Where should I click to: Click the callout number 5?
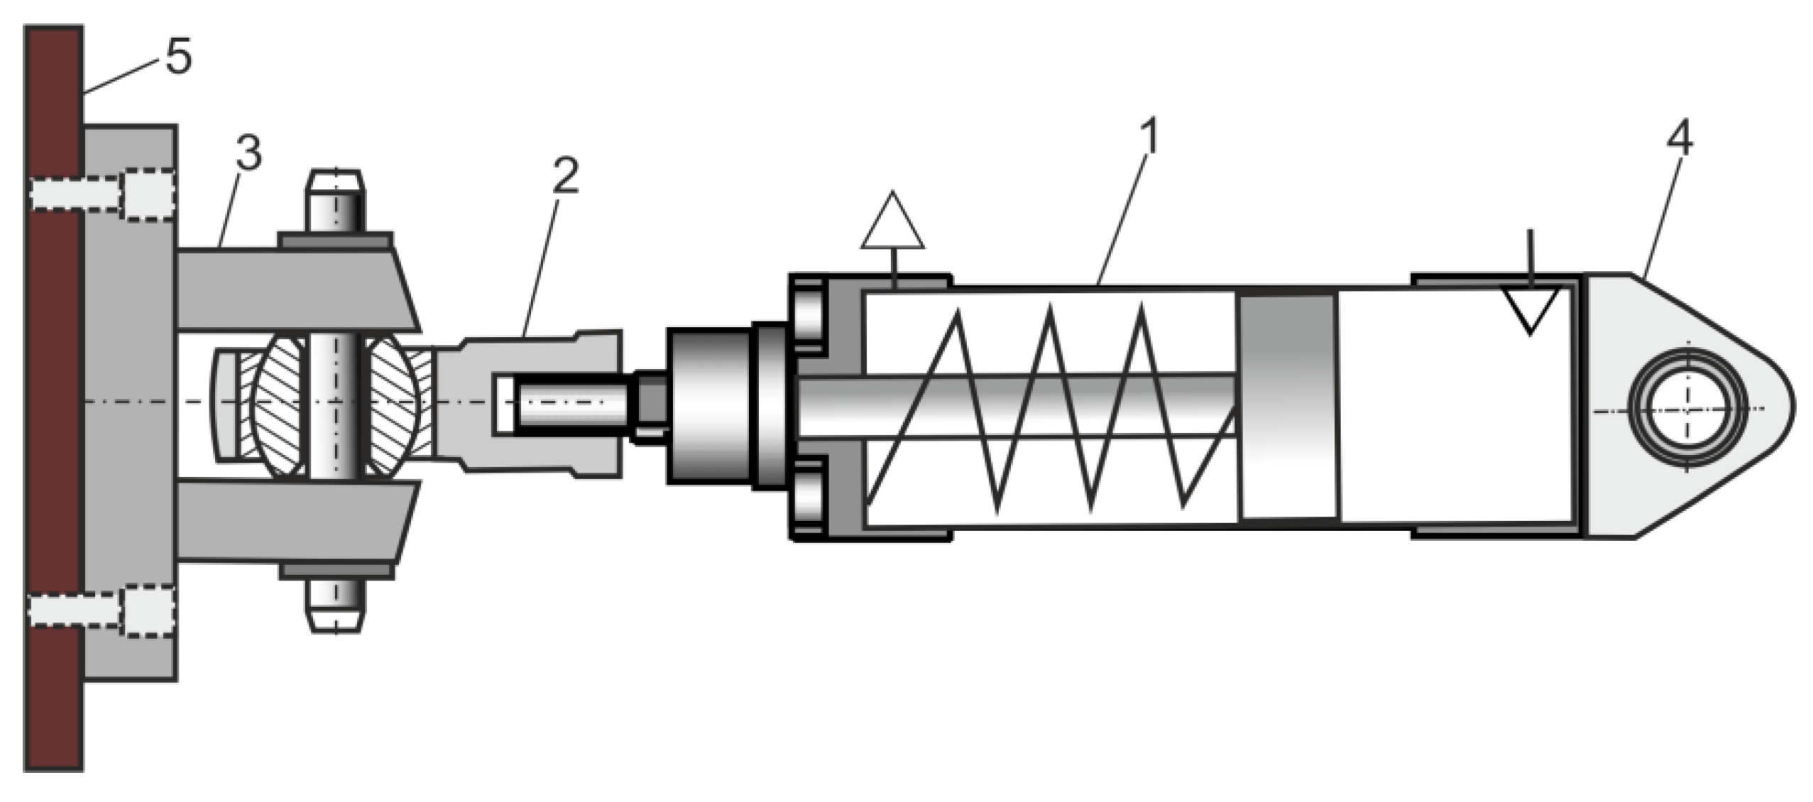click(x=178, y=57)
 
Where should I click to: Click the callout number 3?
click(x=248, y=154)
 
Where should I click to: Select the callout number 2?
click(x=565, y=176)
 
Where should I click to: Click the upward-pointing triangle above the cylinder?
click(x=892, y=224)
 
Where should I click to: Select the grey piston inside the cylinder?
click(x=1288, y=406)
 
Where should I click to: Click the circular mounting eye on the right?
click(x=1687, y=410)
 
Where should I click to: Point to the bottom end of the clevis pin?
click(x=336, y=608)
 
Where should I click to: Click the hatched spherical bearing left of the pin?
click(x=279, y=405)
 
